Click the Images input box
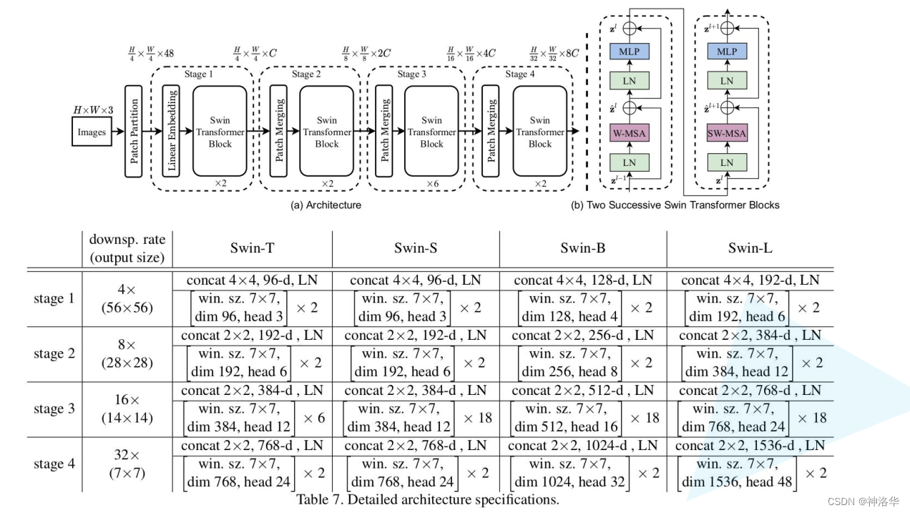[92, 131]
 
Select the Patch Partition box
[133, 131]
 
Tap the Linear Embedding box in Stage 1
[171, 131]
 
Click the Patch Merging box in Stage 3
[384, 131]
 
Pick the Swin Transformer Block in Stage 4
[540, 131]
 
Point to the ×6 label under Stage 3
[433, 184]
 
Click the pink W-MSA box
[630, 133]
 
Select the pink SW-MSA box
[727, 133]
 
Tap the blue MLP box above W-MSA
[630, 52]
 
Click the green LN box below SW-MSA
[727, 162]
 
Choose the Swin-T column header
[253, 248]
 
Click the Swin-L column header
[750, 248]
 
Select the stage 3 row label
[54, 409]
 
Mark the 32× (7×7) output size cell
[127, 464]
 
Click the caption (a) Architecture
[326, 205]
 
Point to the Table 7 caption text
[428, 499]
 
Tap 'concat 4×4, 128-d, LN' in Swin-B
[583, 280]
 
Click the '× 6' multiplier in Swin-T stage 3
[314, 418]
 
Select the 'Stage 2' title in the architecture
[306, 74]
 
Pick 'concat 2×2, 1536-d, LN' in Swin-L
[750, 446]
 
